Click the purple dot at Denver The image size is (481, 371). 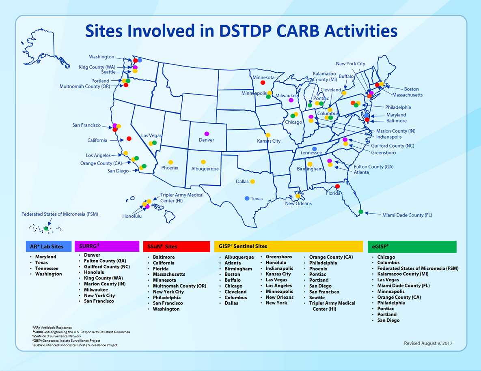pos(207,134)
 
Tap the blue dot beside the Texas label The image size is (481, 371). pos(247,198)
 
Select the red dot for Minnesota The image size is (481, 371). pos(263,83)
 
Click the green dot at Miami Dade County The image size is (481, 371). pos(361,212)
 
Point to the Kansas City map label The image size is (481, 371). pos(269,141)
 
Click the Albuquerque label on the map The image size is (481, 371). pos(205,169)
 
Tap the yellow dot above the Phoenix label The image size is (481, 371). pos(170,162)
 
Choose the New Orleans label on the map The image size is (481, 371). pos(298,204)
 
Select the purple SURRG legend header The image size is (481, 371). pos(107,247)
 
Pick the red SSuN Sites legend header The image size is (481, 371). pos(177,247)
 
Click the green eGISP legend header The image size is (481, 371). pos(412,247)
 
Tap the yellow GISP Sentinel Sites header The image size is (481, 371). pos(288,246)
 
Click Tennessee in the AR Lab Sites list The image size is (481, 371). pos(47,268)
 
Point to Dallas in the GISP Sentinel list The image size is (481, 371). pos(233,303)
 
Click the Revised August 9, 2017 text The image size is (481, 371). pos(428,343)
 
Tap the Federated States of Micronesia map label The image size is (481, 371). pos(60,214)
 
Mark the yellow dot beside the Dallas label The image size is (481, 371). pos(252,181)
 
